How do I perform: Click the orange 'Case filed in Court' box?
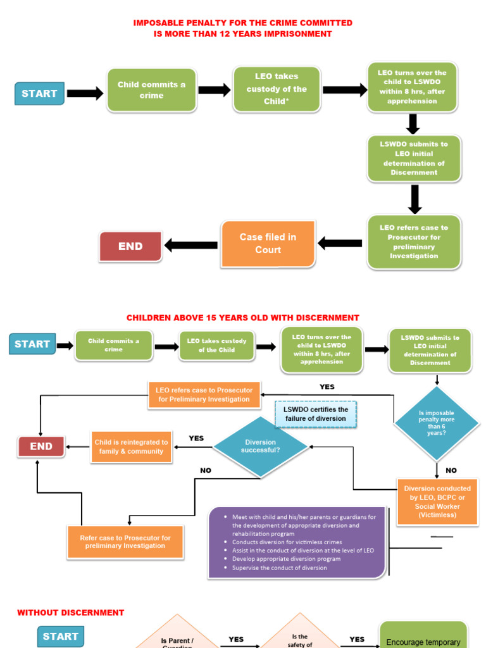[x=268, y=244]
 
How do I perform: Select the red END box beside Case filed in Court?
[x=130, y=246]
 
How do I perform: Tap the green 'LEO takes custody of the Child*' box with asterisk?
[x=277, y=89]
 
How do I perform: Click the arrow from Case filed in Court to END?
[x=191, y=245]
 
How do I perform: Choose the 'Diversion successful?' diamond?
[x=260, y=445]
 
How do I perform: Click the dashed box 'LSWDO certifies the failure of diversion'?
[x=315, y=414]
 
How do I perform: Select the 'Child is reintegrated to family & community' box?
[x=131, y=447]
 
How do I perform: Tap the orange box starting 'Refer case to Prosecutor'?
[x=125, y=542]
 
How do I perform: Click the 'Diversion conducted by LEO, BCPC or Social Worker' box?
[x=437, y=502]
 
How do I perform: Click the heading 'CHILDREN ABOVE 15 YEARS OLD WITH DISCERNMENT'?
[x=242, y=318]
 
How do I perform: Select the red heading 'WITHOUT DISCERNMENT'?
[x=70, y=613]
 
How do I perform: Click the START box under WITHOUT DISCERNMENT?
[x=61, y=636]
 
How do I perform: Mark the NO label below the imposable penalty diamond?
[x=451, y=470]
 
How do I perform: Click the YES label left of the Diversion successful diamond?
[x=196, y=438]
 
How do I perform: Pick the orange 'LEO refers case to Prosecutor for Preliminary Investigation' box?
[x=203, y=395]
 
